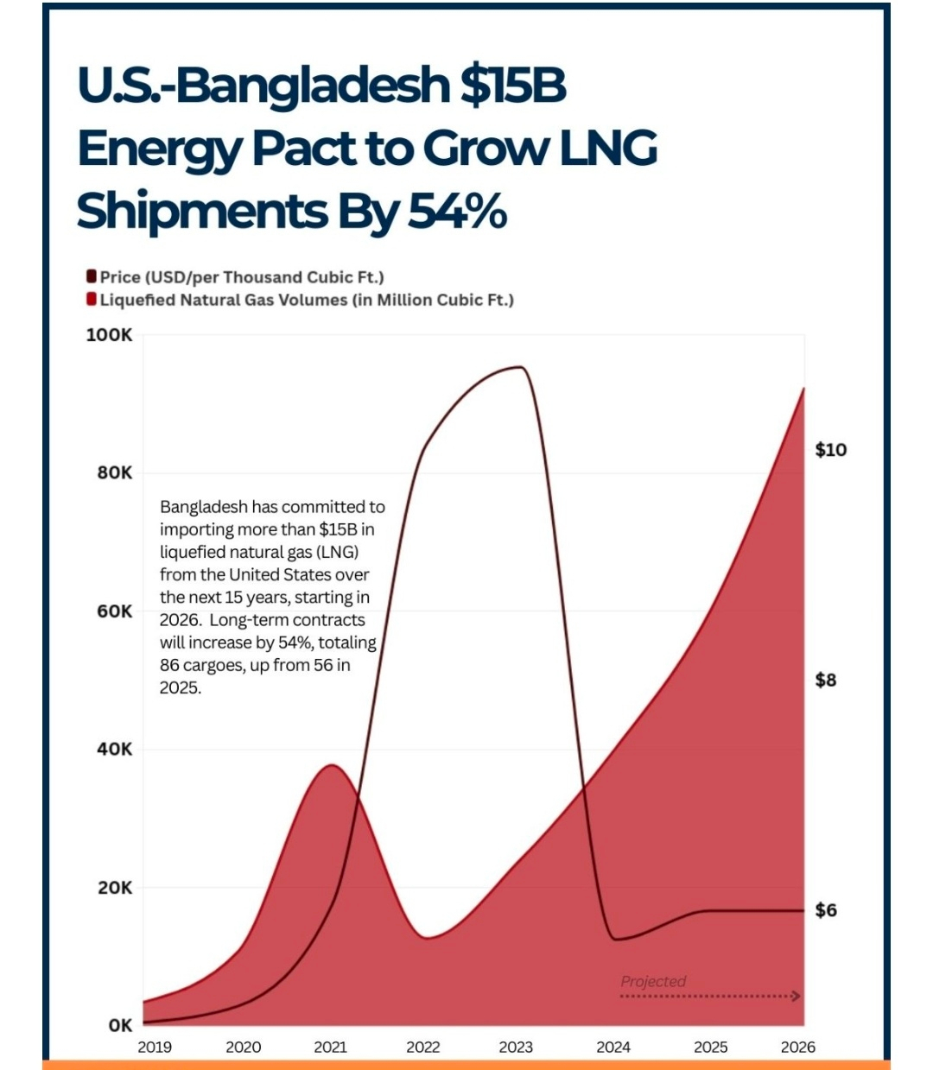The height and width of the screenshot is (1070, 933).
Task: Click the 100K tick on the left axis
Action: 109,335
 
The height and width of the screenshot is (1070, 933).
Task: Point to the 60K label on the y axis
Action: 115,611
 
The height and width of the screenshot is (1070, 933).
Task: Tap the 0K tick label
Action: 121,1026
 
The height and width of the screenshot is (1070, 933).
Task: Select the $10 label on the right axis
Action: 830,450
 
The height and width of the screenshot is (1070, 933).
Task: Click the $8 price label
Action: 826,681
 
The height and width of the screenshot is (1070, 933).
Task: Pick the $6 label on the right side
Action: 826,910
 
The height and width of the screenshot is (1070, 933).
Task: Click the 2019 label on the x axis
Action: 155,1048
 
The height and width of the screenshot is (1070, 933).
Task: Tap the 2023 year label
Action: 516,1048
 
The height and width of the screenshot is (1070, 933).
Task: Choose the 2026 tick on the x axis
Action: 797,1048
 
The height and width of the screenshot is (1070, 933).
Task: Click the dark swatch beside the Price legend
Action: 91,276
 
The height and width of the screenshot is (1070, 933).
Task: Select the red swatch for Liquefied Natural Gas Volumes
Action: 91,300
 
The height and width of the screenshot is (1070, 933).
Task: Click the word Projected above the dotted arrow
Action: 653,981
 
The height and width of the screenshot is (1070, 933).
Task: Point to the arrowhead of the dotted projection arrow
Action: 797,997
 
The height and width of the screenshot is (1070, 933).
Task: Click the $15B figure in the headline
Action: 513,85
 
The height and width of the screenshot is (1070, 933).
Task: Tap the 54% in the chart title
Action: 457,212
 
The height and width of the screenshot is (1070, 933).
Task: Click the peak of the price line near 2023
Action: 519,367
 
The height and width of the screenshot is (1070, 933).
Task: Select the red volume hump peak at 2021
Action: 332,765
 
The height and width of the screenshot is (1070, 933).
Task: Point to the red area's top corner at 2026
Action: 803,389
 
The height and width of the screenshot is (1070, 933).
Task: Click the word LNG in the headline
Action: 608,148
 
